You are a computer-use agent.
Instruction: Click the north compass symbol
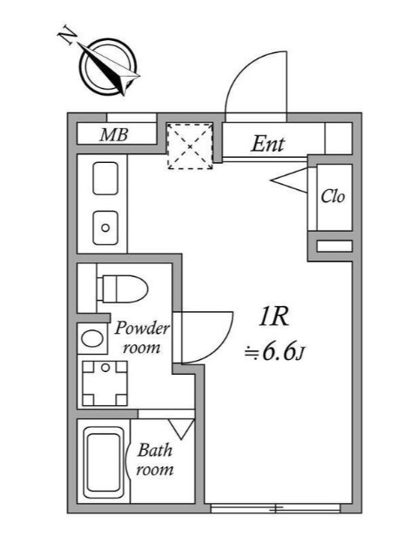pyautogui.click(x=109, y=66)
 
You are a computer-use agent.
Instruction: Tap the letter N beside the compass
pyautogui.click(x=65, y=35)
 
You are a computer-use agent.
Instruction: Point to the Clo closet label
pyautogui.click(x=333, y=196)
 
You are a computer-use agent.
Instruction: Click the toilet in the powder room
pyautogui.click(x=118, y=288)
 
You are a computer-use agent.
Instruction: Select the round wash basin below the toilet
pyautogui.click(x=91, y=336)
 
